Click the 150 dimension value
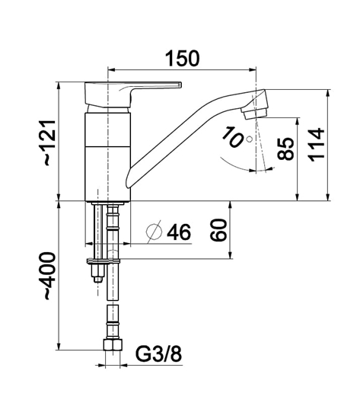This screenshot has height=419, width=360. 183,58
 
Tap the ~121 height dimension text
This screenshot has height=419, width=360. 49,142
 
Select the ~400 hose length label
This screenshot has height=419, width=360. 49,276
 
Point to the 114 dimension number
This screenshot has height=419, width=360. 317,145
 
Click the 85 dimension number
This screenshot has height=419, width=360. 285,149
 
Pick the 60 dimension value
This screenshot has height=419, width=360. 218,230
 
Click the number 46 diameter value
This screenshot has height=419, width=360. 179,232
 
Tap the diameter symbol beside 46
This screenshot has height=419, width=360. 154,232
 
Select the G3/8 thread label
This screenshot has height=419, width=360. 158,353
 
